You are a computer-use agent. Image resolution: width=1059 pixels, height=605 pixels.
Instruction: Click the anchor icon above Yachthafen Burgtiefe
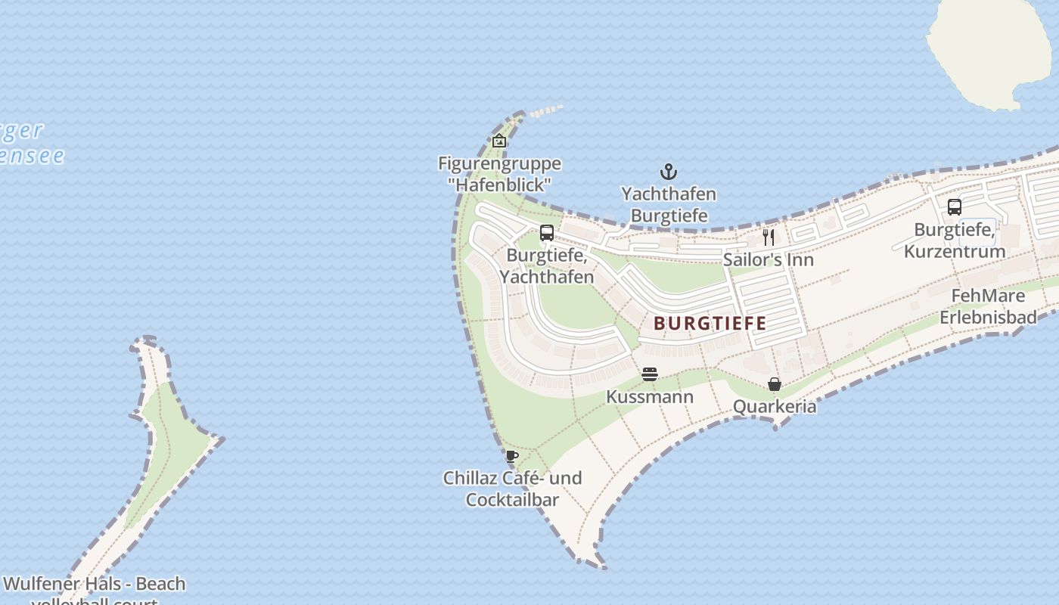point(668,172)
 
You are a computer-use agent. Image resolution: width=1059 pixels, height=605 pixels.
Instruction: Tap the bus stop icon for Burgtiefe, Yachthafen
point(547,233)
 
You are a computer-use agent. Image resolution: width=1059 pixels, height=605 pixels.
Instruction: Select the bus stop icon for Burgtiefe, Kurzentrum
point(955,206)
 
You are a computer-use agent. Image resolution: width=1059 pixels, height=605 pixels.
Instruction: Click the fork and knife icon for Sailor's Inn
point(769,237)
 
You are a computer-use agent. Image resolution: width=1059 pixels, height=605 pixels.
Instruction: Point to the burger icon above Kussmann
point(650,374)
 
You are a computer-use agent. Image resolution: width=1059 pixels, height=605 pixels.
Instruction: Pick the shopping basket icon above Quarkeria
point(775,384)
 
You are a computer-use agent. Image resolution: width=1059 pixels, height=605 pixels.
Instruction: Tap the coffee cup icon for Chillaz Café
point(512,456)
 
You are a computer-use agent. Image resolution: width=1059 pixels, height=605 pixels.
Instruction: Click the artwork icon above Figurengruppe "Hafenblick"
point(499,141)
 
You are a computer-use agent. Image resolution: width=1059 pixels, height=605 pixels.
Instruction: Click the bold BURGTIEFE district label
point(710,324)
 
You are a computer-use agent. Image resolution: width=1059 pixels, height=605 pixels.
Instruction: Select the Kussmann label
point(650,396)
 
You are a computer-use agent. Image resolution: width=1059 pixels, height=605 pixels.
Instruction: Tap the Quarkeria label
point(775,407)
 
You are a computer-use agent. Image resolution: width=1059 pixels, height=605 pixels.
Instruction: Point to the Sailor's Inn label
point(769,259)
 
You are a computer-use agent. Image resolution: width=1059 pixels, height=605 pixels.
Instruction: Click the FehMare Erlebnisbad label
point(988,306)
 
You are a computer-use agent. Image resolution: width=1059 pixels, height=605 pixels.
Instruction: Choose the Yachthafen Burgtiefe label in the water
point(669,205)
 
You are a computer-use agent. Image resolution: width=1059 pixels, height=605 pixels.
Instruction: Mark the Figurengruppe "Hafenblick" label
point(499,173)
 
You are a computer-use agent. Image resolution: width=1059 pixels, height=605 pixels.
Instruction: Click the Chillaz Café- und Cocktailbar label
point(512,489)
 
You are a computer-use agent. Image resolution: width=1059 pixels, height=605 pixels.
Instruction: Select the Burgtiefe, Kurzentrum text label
point(955,240)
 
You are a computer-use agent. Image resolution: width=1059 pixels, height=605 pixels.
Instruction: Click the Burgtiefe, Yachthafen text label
point(547,265)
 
